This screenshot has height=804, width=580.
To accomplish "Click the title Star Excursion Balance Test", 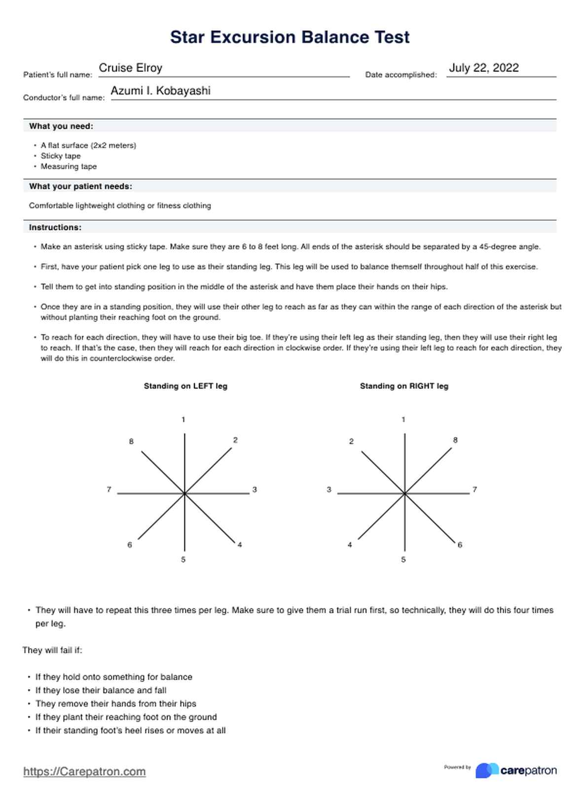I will pyautogui.click(x=290, y=37).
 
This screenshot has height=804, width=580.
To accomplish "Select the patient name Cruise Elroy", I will pyautogui.click(x=131, y=68).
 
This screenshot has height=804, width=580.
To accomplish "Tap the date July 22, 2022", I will pyautogui.click(x=483, y=68).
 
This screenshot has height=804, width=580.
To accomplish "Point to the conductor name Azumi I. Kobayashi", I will pyautogui.click(x=160, y=91).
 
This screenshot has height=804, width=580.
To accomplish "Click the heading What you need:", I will pyautogui.click(x=61, y=126).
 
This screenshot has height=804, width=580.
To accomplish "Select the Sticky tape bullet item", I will pyautogui.click(x=61, y=156).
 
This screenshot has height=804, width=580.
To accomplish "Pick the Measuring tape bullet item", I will pyautogui.click(x=69, y=167).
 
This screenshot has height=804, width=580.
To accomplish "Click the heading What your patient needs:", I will pyautogui.click(x=80, y=186).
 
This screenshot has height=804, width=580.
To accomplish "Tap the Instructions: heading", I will pyautogui.click(x=55, y=227).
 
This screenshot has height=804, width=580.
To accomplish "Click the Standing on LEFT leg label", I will pyautogui.click(x=185, y=386).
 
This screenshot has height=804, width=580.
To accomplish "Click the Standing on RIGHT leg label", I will pyautogui.click(x=404, y=386).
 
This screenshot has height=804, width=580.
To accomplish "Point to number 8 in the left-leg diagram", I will pyautogui.click(x=131, y=441).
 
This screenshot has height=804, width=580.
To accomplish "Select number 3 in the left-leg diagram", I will pyautogui.click(x=254, y=490).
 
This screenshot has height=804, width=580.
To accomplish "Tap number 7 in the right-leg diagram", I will pyautogui.click(x=474, y=490).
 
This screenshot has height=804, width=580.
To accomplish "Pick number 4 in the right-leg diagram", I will pyautogui.click(x=350, y=545).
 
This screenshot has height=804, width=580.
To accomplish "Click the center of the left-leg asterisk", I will pyautogui.click(x=184, y=493).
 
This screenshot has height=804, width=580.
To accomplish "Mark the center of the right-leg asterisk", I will pyautogui.click(x=404, y=493).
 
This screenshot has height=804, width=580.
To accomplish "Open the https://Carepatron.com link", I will pyautogui.click(x=84, y=771).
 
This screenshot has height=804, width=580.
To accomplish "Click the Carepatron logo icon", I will pyautogui.click(x=486, y=770).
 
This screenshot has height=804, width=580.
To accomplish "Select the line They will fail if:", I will pyautogui.click(x=52, y=650).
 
